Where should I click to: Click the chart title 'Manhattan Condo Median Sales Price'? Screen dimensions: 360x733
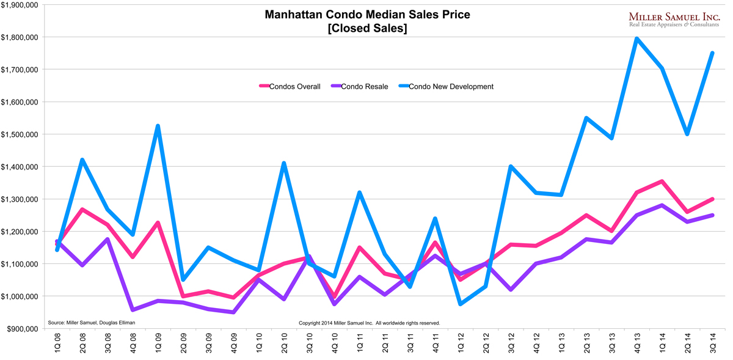coord(367,15)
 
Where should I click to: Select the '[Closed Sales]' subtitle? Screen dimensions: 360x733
coord(367,29)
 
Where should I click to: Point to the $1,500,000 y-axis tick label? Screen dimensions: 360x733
coord(20,134)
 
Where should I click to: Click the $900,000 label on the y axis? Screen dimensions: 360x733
coord(22,329)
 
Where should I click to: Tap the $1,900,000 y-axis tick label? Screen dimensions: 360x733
coord(20,5)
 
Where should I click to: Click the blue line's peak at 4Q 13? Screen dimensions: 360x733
coord(636,39)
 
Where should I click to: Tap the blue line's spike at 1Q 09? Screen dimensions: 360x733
coord(158,126)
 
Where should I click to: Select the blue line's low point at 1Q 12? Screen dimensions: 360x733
coord(460,304)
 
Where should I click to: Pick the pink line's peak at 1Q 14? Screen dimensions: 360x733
coord(662,181)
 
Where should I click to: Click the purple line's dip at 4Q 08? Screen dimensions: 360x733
coord(132,310)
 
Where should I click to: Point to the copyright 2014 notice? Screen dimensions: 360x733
coord(369,323)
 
